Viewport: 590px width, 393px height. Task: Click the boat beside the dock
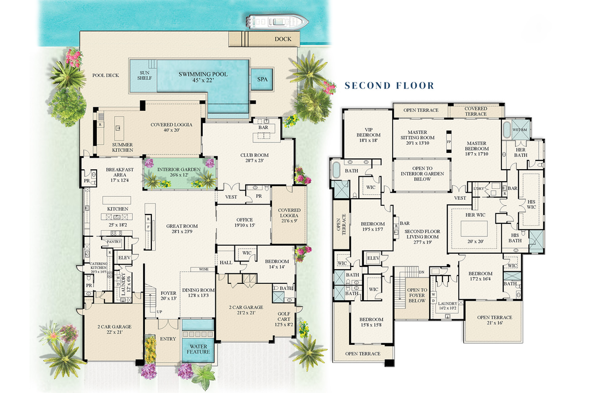point(278,22)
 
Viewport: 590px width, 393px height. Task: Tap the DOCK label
point(283,39)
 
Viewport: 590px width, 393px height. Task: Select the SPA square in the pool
point(262,79)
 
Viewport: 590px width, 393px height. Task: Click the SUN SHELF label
point(144,75)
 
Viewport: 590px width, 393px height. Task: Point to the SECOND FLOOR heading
point(389,86)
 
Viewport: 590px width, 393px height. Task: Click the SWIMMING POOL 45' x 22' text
point(203,78)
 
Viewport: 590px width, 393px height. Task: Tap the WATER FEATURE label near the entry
point(198,348)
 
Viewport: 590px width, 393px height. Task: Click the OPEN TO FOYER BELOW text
point(417,295)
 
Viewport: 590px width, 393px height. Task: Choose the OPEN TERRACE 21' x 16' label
point(494,320)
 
